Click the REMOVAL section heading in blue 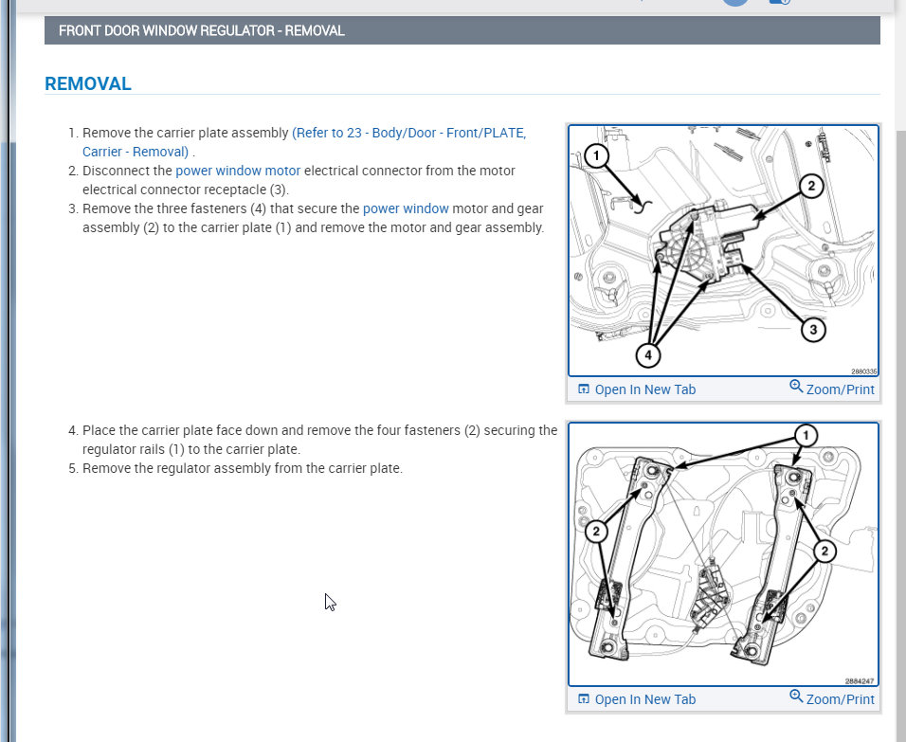pos(88,83)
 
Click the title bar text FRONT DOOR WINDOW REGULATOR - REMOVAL pos(201,30)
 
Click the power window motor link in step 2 pos(238,171)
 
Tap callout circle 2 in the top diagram pos(810,186)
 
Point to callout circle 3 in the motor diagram pos(812,330)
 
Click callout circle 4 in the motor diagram pos(648,355)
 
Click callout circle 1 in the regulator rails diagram pos(805,436)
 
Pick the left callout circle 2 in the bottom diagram pos(596,532)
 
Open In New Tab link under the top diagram pos(636,389)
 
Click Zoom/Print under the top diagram pos(832,389)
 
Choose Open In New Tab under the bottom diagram pos(636,699)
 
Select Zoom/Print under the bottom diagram pos(832,699)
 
